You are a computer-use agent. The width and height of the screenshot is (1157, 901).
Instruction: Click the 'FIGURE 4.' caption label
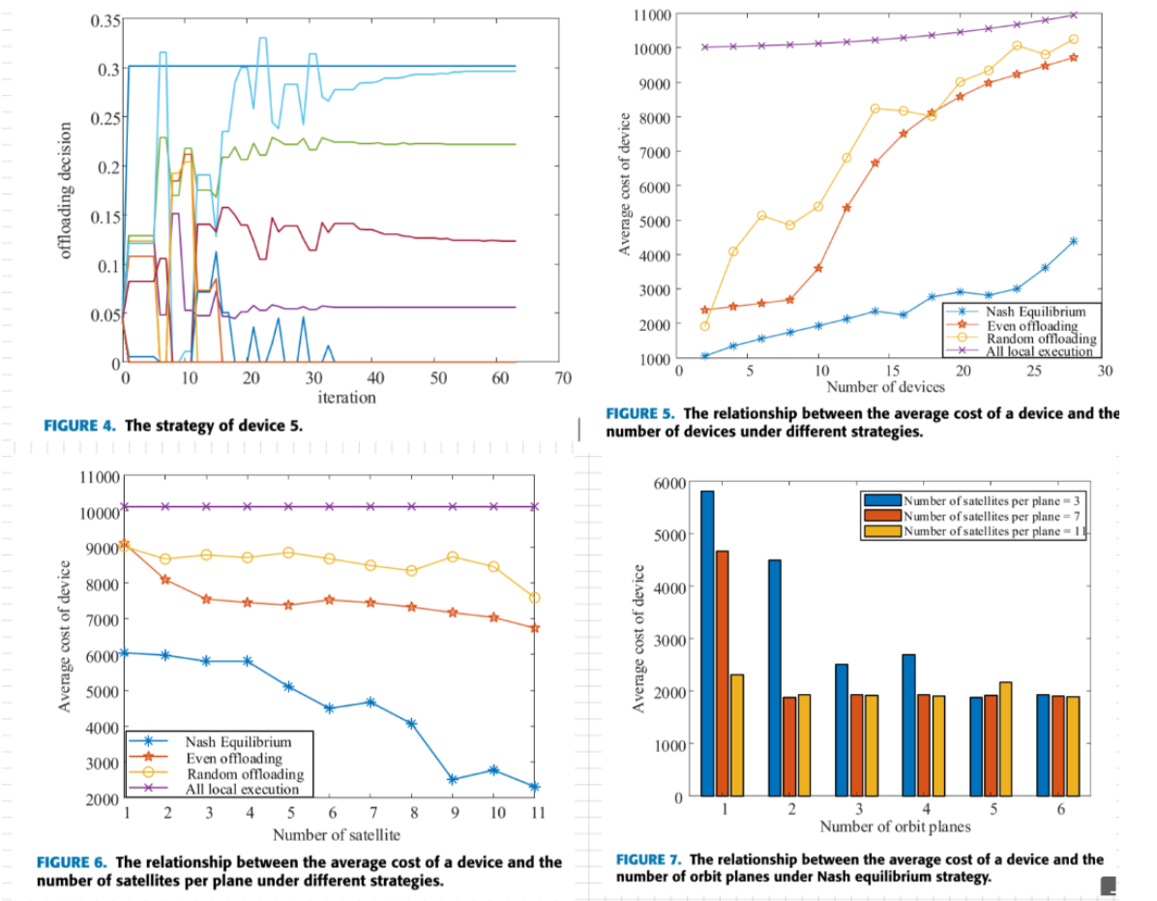coord(81,425)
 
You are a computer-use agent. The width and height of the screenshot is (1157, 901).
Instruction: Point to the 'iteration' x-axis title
coord(346,397)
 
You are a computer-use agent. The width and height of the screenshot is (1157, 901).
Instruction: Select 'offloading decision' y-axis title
coord(65,190)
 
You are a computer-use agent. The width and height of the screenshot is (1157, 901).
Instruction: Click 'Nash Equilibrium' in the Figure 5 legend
coord(1035,312)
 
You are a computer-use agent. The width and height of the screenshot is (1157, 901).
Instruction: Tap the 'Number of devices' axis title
coord(885,387)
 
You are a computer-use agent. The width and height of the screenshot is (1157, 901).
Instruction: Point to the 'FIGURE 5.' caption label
coord(641,413)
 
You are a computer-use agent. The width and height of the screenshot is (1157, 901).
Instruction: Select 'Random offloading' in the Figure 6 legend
coord(245,774)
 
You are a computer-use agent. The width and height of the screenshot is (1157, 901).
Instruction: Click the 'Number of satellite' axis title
coord(336,834)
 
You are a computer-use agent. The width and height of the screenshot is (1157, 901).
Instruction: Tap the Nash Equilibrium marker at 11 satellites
coord(534,787)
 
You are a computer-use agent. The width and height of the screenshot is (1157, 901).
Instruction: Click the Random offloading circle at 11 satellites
coord(534,598)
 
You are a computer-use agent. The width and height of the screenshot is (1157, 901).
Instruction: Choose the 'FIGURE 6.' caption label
coord(73,862)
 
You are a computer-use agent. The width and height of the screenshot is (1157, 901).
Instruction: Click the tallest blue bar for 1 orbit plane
coord(707,643)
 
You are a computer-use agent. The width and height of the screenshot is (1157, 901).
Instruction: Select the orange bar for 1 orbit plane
coord(722,673)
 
